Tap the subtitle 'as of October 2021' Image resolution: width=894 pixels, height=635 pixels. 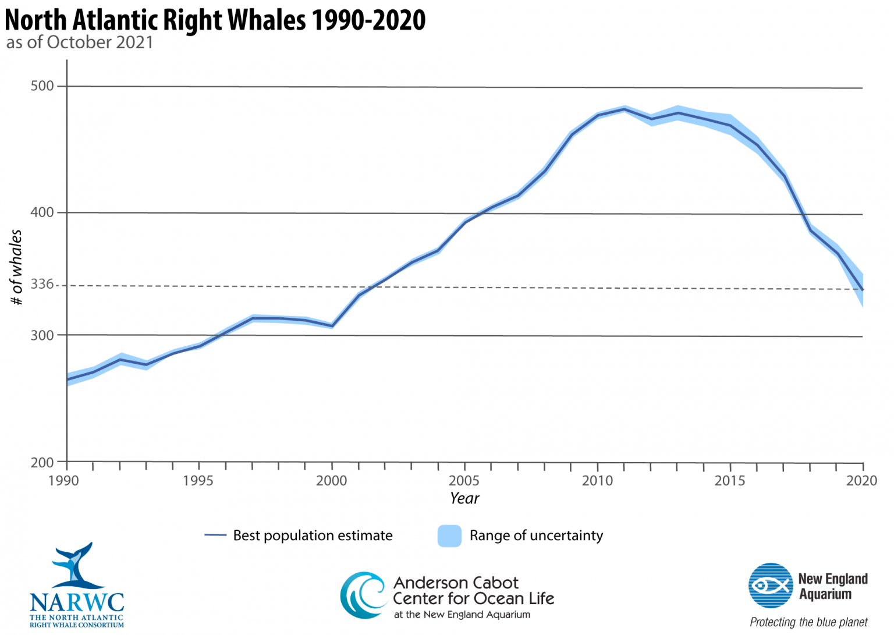click(x=80, y=42)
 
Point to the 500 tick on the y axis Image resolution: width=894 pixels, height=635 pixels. click(x=42, y=86)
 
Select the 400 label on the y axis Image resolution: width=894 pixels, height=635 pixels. click(x=42, y=212)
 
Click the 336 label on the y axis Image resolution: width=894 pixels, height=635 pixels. click(x=42, y=285)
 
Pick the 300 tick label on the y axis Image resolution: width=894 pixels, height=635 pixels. click(x=42, y=335)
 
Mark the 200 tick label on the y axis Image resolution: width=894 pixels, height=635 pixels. click(x=42, y=463)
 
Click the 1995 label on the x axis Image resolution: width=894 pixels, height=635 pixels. click(x=198, y=481)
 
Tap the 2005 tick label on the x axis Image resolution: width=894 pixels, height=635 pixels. click(x=464, y=481)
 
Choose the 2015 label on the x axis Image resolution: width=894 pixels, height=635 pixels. click(x=730, y=481)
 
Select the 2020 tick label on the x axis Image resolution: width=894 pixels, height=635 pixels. click(x=861, y=481)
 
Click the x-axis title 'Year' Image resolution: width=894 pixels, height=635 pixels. click(x=464, y=498)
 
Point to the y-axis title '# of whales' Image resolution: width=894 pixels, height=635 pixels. click(x=16, y=267)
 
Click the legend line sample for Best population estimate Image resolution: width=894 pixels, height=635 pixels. click(x=215, y=535)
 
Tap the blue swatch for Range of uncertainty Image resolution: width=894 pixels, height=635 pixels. click(x=449, y=536)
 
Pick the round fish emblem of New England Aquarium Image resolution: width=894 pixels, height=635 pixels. click(x=771, y=586)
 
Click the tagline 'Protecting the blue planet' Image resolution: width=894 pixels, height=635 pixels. click(x=808, y=622)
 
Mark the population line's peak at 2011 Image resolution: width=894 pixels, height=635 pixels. click(x=625, y=109)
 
